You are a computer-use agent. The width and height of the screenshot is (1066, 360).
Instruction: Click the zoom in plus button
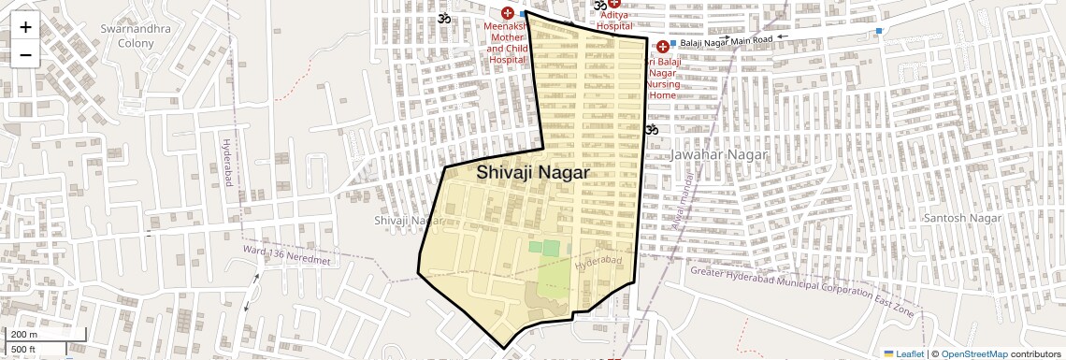tap(25, 28)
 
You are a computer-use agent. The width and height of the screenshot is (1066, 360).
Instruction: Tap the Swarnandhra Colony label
tap(136, 36)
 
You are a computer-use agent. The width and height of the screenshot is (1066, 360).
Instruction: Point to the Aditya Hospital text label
tap(614, 21)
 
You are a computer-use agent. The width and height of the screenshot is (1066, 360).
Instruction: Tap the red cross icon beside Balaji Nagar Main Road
tap(663, 47)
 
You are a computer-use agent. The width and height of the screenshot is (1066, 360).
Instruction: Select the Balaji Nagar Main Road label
tap(727, 40)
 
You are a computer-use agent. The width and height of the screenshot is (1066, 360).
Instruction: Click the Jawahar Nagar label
tap(719, 154)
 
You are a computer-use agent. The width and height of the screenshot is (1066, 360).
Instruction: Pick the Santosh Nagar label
tap(962, 218)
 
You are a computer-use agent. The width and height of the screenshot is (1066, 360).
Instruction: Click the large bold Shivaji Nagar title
tap(533, 173)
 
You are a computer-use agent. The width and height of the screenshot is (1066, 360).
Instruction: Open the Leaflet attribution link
tap(903, 354)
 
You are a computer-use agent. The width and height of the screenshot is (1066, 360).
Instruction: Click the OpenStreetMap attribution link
tap(973, 354)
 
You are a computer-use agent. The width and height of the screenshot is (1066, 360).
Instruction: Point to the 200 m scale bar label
tap(24, 335)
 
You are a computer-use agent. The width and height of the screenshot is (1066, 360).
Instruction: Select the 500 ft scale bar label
tap(24, 350)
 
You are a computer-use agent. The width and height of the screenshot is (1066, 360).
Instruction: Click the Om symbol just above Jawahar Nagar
tap(652, 129)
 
